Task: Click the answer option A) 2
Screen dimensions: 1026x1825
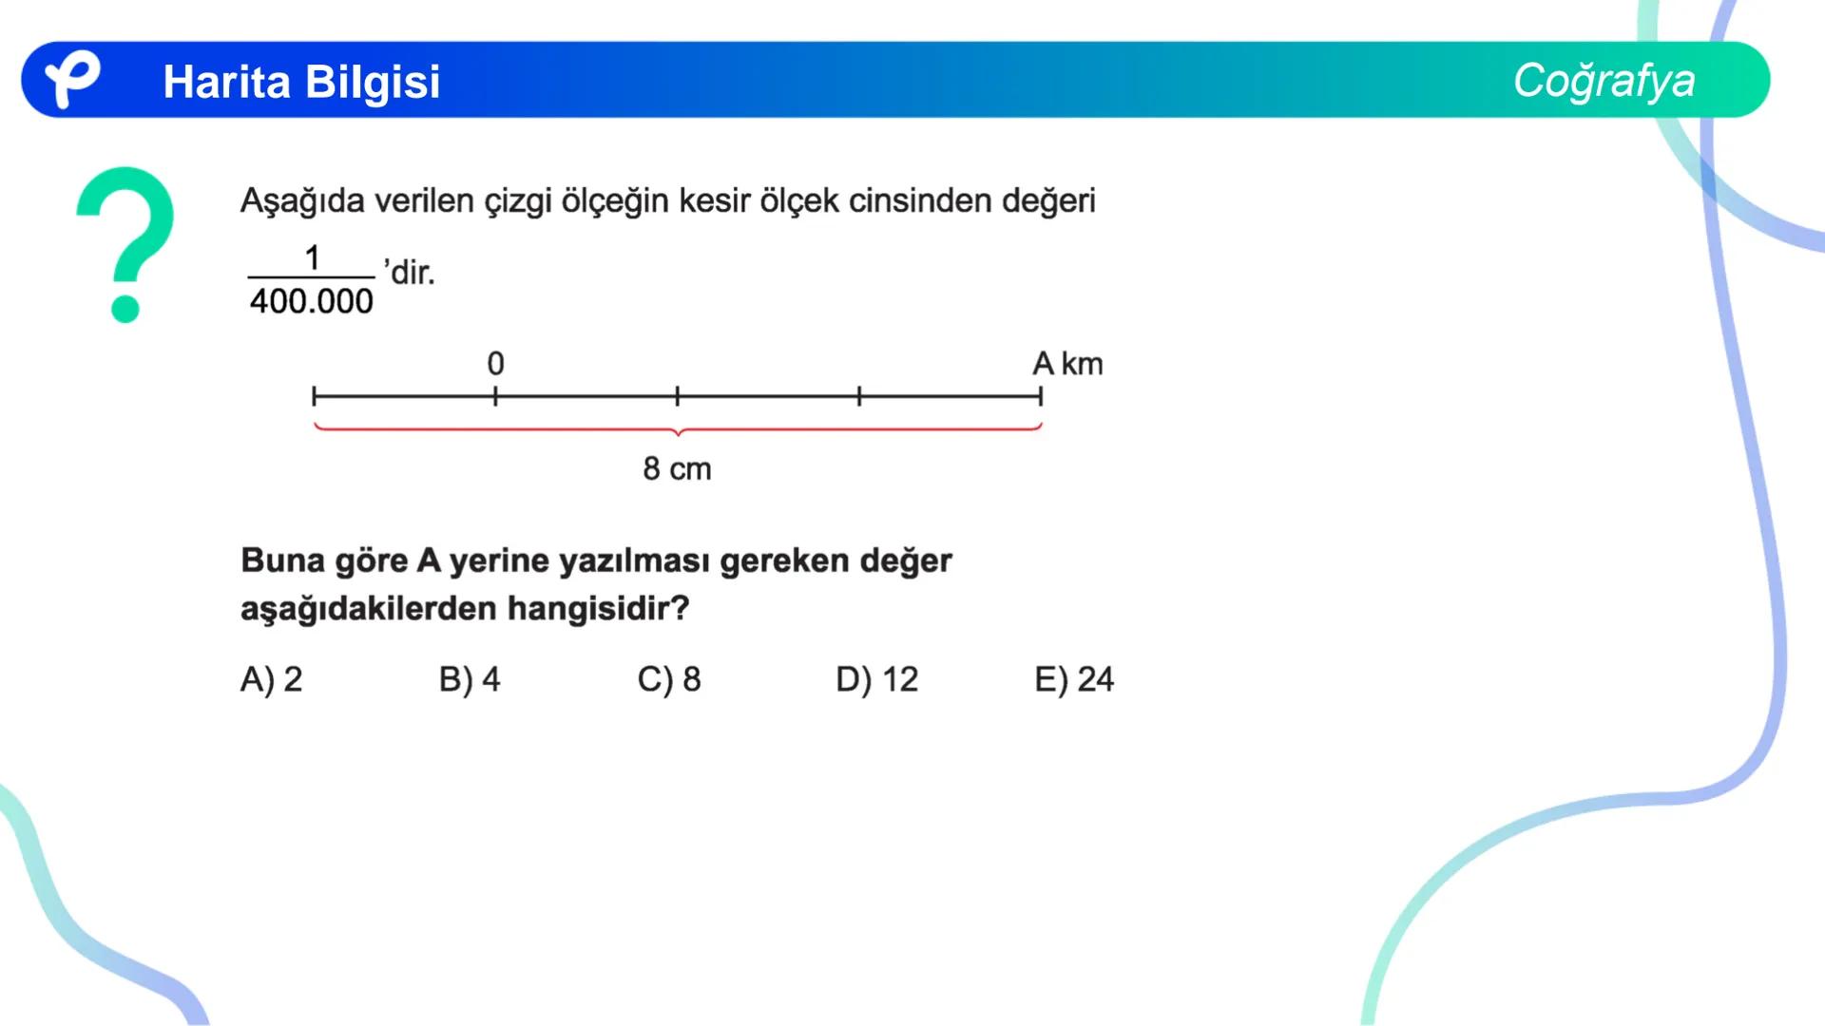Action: click(271, 679)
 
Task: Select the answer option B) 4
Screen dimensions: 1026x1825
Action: click(470, 679)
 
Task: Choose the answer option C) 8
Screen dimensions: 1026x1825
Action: click(669, 679)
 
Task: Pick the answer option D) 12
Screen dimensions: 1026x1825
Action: click(876, 679)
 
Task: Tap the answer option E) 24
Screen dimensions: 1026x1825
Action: click(1074, 679)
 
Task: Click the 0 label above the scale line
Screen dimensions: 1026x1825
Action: click(495, 364)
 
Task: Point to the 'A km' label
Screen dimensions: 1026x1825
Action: click(1067, 364)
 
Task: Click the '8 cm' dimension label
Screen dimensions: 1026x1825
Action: click(677, 468)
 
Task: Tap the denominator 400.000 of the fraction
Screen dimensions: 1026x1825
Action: click(312, 302)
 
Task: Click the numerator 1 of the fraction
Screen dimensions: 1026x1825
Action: click(312, 256)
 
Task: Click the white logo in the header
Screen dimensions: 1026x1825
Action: click(72, 79)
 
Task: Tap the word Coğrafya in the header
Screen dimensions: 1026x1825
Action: click(1604, 80)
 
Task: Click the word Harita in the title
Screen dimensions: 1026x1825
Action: click(226, 82)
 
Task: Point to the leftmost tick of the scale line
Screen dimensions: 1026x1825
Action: click(315, 396)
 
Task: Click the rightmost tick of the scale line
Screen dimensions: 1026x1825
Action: click(1041, 396)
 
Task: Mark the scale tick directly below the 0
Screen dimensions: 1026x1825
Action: click(495, 396)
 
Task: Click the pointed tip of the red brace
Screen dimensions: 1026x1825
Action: click(678, 435)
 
